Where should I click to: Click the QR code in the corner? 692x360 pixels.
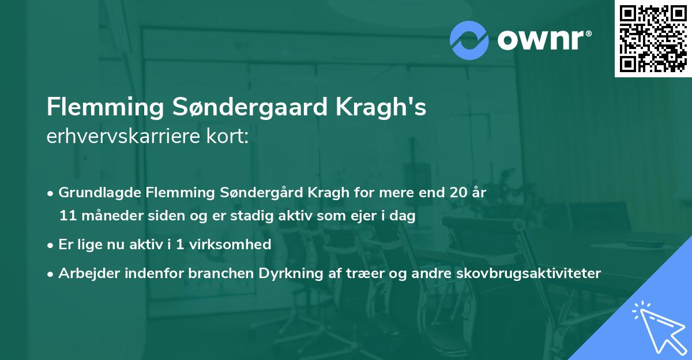coord(653,39)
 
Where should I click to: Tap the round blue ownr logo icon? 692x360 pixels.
coord(469,40)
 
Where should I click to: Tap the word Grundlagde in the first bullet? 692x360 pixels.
coord(95,193)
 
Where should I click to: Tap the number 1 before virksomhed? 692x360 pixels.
coord(179,244)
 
